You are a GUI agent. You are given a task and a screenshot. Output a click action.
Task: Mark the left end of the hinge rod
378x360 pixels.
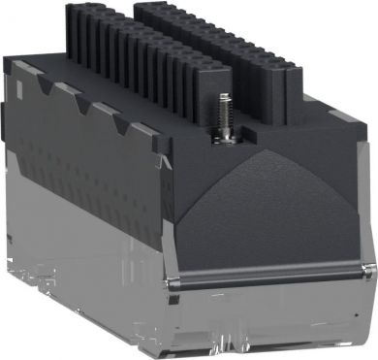[169, 261]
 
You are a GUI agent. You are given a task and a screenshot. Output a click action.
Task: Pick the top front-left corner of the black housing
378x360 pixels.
[171, 146]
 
